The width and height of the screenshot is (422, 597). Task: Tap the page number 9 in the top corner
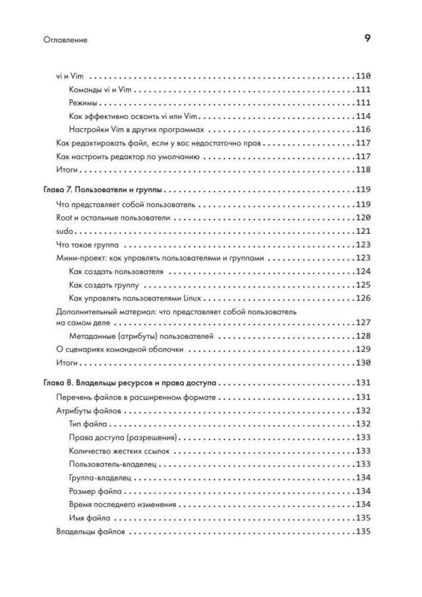coord(367,39)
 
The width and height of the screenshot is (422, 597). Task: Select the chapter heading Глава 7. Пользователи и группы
coord(104,190)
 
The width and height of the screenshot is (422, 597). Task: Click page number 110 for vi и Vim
coord(363,76)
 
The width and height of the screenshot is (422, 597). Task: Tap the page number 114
coord(363,116)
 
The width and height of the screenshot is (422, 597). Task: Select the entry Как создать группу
coord(104,285)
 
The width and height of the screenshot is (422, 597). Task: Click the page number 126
coord(363,298)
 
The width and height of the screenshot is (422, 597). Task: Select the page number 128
coord(363,336)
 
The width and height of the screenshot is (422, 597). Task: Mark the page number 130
coord(363,363)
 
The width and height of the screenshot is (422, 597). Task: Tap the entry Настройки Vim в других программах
coord(136,129)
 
